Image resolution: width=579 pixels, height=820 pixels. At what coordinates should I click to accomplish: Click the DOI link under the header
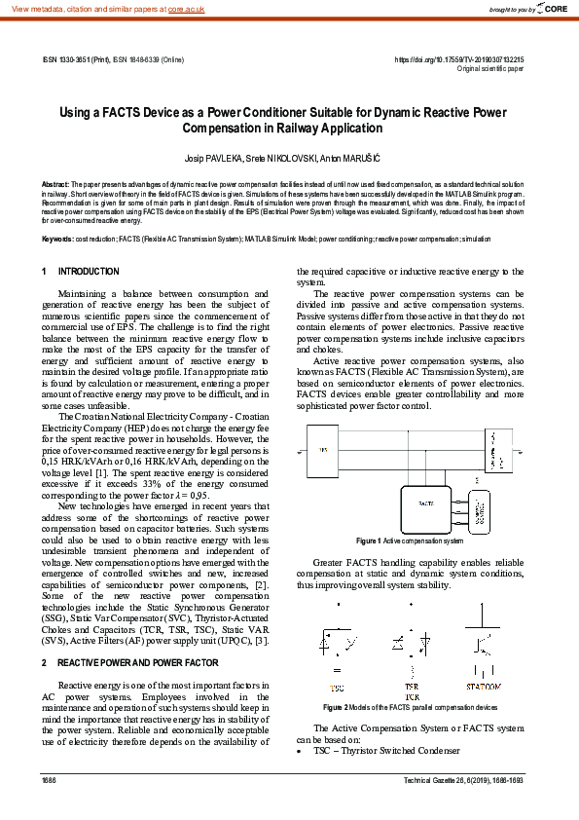[458, 59]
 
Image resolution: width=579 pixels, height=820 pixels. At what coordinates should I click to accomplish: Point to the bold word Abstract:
[54, 183]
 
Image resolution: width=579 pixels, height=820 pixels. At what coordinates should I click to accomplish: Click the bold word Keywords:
[57, 239]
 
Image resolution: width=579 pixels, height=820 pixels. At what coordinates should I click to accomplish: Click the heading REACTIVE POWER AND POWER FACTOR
[137, 662]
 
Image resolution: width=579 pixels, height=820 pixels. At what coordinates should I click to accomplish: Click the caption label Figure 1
[369, 540]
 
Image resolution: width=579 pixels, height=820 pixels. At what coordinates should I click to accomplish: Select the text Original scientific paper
[490, 69]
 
